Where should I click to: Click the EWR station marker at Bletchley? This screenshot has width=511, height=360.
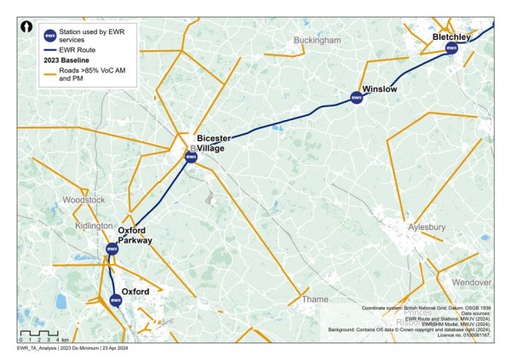point(451,49)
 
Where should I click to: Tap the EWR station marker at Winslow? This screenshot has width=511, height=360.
point(357,98)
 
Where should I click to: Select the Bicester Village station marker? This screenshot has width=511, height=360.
point(191,156)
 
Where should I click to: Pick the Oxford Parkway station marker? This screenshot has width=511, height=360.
point(112,249)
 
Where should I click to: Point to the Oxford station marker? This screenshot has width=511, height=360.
point(116,299)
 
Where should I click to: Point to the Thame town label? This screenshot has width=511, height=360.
point(313,300)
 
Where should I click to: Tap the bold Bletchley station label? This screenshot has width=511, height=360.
point(451,37)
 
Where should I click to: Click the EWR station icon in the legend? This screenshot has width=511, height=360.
point(50,35)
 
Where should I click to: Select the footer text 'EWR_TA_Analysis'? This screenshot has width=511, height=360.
point(36,349)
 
